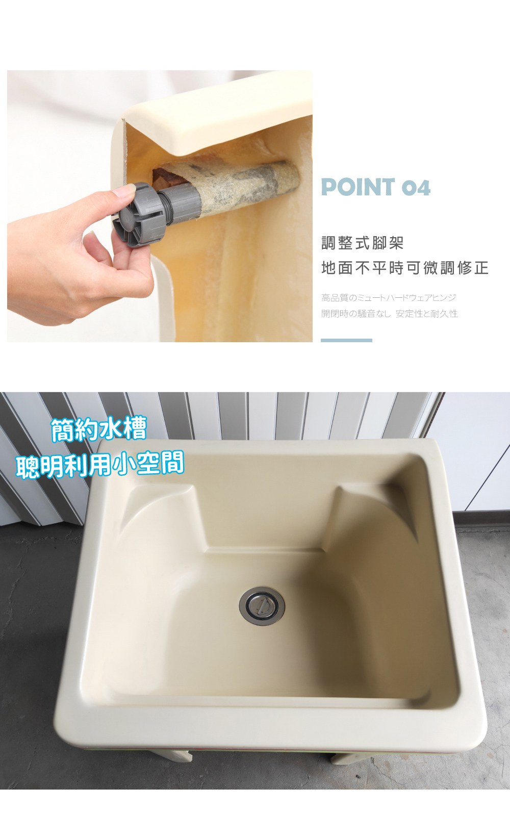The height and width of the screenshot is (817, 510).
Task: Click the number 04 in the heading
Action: point(416,188)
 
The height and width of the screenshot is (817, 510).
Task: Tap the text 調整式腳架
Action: point(362,243)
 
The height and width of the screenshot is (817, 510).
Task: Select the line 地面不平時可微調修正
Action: point(404,268)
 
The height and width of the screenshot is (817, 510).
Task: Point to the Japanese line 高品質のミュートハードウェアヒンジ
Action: point(389,298)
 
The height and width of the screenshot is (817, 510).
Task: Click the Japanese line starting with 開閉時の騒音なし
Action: point(389,314)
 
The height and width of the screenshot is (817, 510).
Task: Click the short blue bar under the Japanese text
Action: point(346,340)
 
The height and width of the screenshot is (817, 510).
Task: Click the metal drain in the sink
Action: point(262,606)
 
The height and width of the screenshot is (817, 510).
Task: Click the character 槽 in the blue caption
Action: point(135,429)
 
